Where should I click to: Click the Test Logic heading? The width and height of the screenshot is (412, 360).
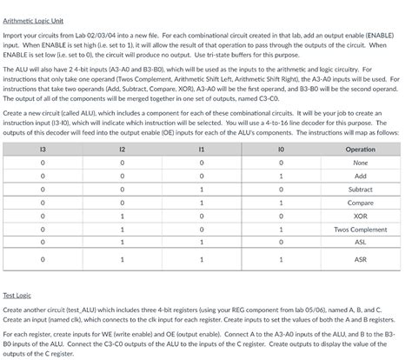coord(17,296)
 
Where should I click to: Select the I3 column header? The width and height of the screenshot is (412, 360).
coord(43,149)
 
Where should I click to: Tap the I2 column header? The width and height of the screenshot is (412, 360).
coord(122,149)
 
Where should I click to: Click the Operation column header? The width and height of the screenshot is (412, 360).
coord(360,149)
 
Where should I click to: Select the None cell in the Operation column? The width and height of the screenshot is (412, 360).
coord(360,162)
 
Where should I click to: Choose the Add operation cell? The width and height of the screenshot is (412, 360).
coord(360,175)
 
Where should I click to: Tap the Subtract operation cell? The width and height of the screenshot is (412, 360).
coord(360,189)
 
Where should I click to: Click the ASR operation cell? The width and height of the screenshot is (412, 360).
coord(360,259)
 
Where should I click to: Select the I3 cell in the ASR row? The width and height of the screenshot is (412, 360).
coord(43,259)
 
